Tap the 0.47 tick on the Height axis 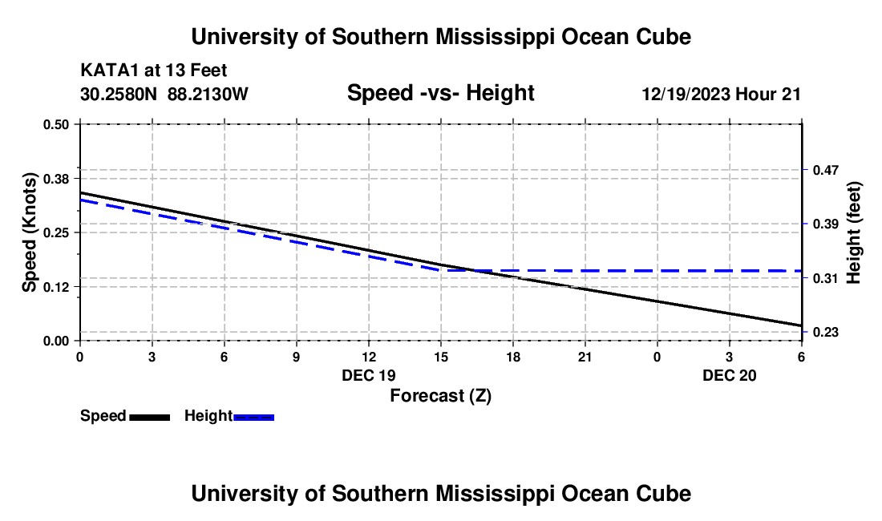pyautogui.click(x=824, y=170)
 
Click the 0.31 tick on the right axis pyautogui.click(x=824, y=278)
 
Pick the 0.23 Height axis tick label pyautogui.click(x=824, y=332)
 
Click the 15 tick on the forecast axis pyautogui.click(x=440, y=357)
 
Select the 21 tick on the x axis pyautogui.click(x=585, y=357)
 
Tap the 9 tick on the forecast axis pyautogui.click(x=296, y=357)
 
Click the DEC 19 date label pyautogui.click(x=369, y=375)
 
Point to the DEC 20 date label pyautogui.click(x=730, y=375)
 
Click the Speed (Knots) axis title pyautogui.click(x=30, y=232)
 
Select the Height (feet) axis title pyautogui.click(x=853, y=232)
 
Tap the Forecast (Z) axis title pyautogui.click(x=440, y=395)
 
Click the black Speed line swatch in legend pyautogui.click(x=149, y=417)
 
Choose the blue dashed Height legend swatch pyautogui.click(x=253, y=417)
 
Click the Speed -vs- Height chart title pyautogui.click(x=440, y=94)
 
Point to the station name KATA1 pyautogui.click(x=107, y=71)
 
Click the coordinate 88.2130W pyautogui.click(x=208, y=95)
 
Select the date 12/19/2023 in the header pyautogui.click(x=685, y=95)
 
